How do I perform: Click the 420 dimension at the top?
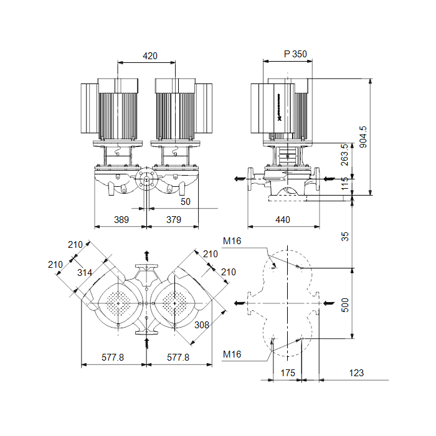tap(150, 56)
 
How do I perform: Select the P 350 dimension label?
tap(295, 54)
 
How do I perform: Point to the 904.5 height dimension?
tap(363, 137)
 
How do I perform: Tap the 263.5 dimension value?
tap(344, 154)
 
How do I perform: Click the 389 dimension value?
tap(121, 220)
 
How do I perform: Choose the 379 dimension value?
tap(174, 220)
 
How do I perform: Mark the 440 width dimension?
tap(283, 220)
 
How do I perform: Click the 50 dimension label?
tap(186, 202)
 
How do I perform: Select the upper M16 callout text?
tap(232, 241)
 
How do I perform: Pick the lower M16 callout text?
tap(232, 354)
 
